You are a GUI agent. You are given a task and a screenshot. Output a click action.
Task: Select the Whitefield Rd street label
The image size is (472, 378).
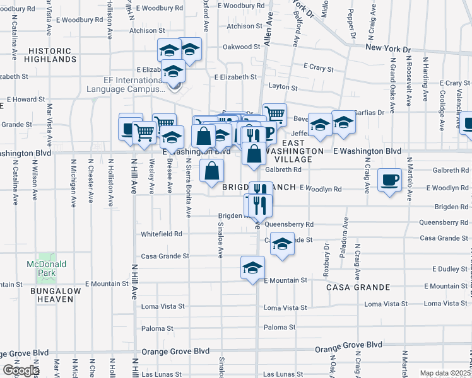tap(162, 234)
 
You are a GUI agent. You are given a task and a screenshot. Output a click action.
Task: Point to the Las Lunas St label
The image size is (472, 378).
tap(285, 374)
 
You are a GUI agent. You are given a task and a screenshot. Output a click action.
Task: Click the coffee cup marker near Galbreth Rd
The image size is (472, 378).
tap(389, 180)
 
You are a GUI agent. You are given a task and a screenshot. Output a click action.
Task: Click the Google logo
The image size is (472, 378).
tap(21, 370)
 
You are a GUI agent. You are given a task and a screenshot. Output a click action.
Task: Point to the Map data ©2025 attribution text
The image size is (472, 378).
tap(445, 373)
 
